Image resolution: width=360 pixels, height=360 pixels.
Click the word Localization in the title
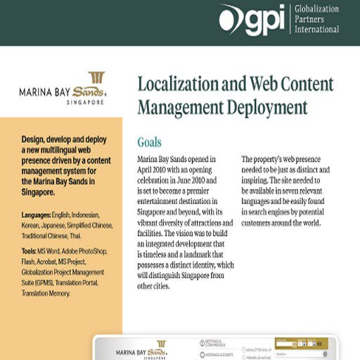coord(178,85)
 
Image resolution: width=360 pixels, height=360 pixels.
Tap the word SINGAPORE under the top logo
coord(86,102)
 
